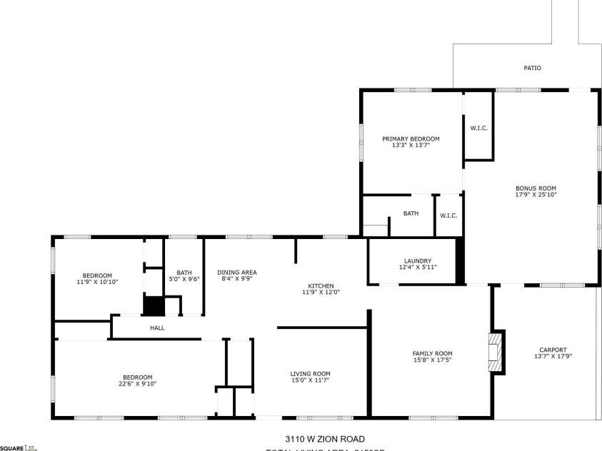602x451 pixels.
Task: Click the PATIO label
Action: click(x=532, y=69)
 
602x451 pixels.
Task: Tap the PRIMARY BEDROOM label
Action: click(x=411, y=138)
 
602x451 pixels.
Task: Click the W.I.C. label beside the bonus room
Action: click(x=478, y=128)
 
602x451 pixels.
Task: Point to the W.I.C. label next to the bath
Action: click(x=448, y=216)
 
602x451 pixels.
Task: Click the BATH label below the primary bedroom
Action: click(x=411, y=213)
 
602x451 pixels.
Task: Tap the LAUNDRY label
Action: click(x=417, y=261)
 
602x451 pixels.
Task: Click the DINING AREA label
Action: click(x=237, y=272)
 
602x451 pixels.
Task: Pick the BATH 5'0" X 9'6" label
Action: click(x=184, y=275)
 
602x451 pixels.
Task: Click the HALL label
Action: click(x=157, y=328)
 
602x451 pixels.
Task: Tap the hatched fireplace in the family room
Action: click(x=495, y=352)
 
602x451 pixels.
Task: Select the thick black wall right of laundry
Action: click(x=460, y=260)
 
